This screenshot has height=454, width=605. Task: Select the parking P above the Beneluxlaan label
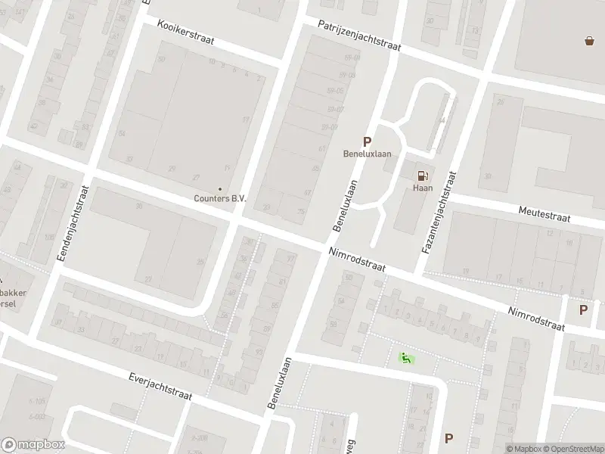coord(368,141)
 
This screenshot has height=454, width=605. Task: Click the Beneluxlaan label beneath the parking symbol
coord(368,154)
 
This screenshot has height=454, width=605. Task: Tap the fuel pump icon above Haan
coord(422,176)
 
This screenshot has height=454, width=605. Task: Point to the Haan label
coord(422,188)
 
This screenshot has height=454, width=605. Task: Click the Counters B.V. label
coord(219,198)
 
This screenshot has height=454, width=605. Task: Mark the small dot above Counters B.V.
coord(220,188)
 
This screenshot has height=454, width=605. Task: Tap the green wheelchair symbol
coord(406,358)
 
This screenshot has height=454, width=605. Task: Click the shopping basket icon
coord(589,41)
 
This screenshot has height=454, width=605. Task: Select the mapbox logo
coord(33,445)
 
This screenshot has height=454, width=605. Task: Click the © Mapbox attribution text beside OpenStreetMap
coord(522,449)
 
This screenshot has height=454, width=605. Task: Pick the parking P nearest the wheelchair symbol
coord(449,437)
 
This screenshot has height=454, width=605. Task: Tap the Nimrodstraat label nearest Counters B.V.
coord(357,261)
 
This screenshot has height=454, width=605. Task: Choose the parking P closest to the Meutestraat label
coord(583,309)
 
